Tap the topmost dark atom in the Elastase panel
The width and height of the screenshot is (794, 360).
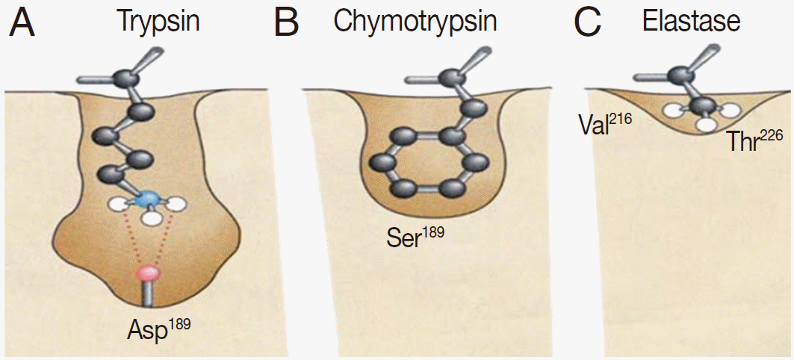tap(680, 75)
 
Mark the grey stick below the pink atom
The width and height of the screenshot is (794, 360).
tap(148, 294)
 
